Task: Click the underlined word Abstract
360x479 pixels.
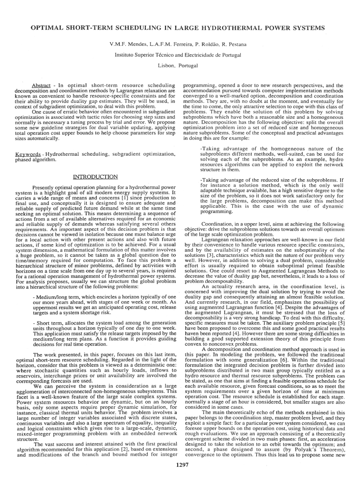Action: tap(40, 86)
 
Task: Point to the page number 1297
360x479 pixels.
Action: tap(180, 464)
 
